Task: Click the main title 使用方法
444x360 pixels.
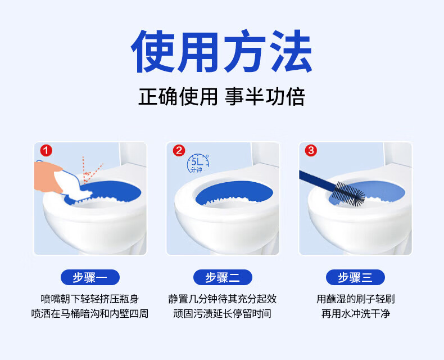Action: pos(221,52)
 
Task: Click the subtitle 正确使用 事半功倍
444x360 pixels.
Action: pos(221,97)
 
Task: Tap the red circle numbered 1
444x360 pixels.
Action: pos(46,150)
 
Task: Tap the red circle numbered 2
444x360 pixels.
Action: pos(179,150)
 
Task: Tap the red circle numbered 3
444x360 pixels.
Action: pos(311,150)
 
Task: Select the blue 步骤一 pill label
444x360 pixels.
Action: pos(90,277)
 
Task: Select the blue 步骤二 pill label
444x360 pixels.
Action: pos(223,277)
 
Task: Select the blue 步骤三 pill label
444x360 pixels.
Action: pos(355,277)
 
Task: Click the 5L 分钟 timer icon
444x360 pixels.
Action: pos(198,164)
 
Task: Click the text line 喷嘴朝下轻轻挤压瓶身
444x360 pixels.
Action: pos(90,299)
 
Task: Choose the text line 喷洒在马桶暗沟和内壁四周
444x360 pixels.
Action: pos(90,313)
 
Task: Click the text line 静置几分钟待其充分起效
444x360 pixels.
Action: pos(223,299)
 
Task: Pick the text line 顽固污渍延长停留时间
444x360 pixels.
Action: pos(223,313)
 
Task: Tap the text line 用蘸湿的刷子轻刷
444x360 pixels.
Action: pos(356,299)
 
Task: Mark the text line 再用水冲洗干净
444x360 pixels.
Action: pos(356,313)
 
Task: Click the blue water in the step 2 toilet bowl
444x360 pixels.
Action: pos(234,190)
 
